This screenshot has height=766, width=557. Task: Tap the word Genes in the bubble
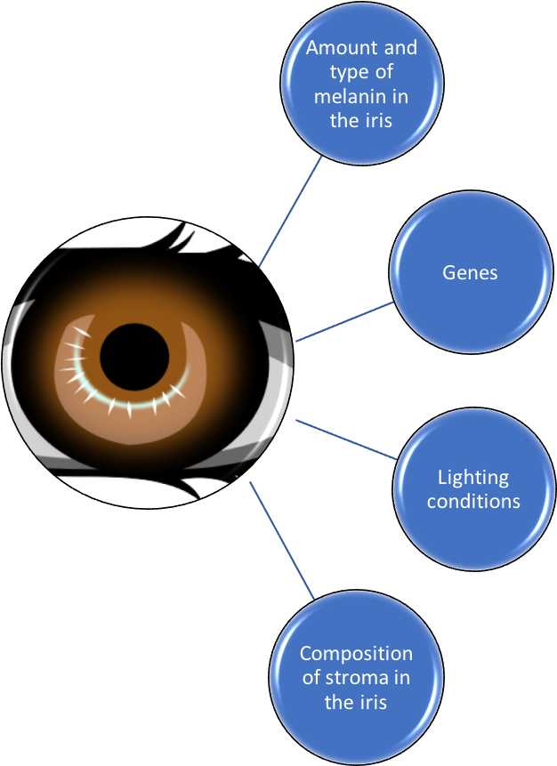click(470, 272)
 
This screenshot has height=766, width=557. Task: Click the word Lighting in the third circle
click(473, 478)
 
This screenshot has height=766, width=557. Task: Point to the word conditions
click(473, 501)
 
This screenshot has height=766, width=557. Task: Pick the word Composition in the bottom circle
click(356, 654)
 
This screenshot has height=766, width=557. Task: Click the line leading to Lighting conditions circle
click(347, 439)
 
